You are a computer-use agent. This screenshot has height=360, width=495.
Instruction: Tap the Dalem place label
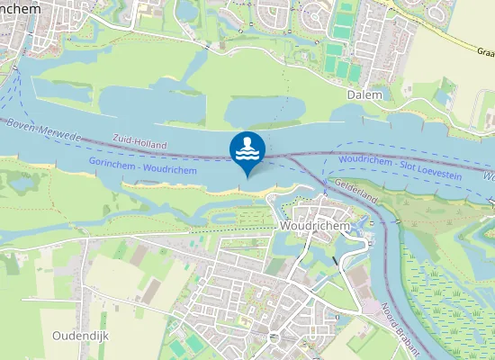point(364,94)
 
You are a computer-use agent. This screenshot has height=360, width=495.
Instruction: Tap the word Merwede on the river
point(61,135)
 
